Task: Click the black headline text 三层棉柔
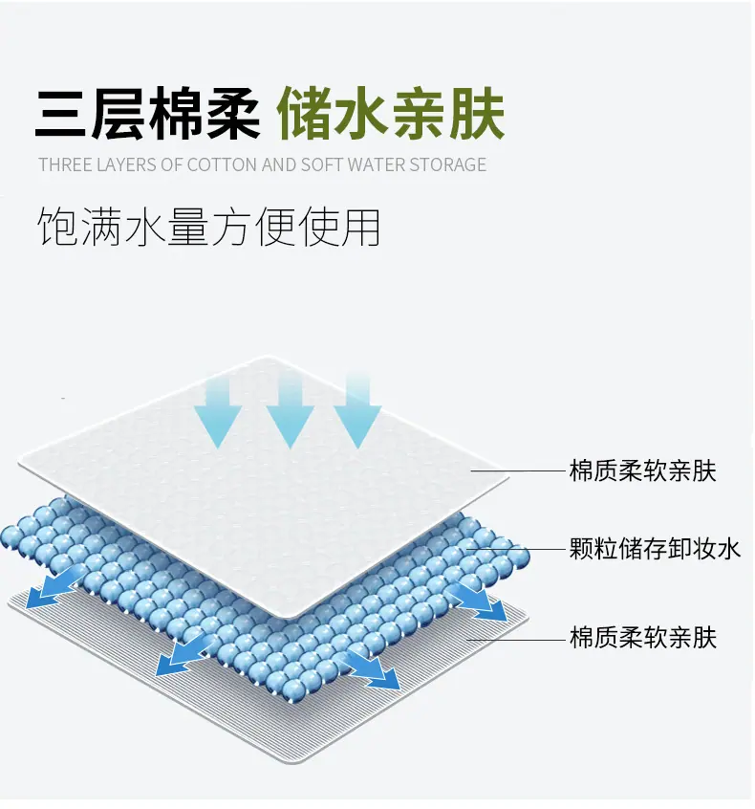click(x=147, y=113)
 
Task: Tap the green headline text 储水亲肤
click(x=390, y=113)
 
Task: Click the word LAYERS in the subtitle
click(x=126, y=164)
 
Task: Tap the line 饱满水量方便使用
click(x=209, y=227)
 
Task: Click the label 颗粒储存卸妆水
click(x=655, y=549)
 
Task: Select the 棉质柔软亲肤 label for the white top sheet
click(x=643, y=470)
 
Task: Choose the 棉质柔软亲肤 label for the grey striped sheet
click(x=643, y=637)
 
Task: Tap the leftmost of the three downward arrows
click(x=218, y=413)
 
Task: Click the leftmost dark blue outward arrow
click(x=55, y=589)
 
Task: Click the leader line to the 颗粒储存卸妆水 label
click(x=515, y=549)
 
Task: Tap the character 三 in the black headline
click(x=60, y=114)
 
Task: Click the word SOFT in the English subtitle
click(x=322, y=164)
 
